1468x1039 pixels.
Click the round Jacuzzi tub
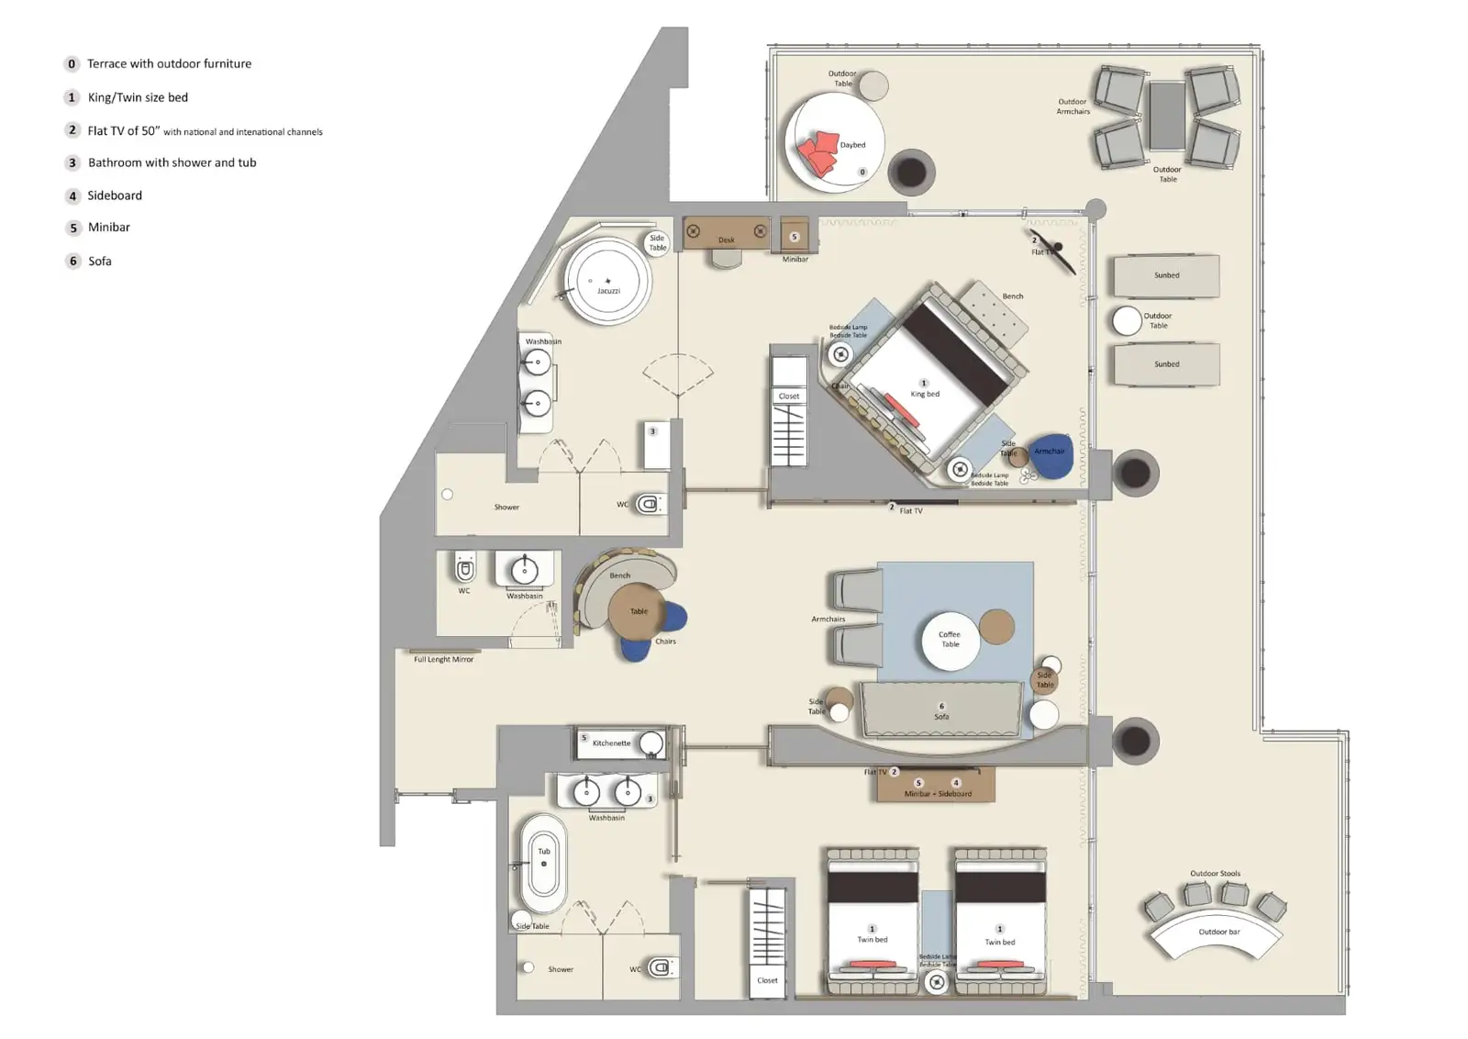(607, 281)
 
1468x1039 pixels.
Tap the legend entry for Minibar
(108, 228)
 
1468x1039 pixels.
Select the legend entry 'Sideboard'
(115, 196)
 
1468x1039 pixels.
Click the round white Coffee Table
(950, 640)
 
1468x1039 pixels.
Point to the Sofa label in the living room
(941, 717)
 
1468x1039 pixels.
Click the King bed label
(925, 394)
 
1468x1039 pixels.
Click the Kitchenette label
(611, 743)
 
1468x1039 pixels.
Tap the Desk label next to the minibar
(726, 240)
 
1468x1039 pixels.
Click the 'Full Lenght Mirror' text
(443, 660)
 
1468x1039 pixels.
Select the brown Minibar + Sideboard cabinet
(936, 788)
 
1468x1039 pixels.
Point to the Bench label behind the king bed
(1012, 296)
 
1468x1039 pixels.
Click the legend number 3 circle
(72, 162)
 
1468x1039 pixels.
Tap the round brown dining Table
(638, 611)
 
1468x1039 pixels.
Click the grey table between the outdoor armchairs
(1166, 116)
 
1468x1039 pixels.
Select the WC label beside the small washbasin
(464, 591)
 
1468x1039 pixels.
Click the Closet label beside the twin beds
(767, 980)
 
